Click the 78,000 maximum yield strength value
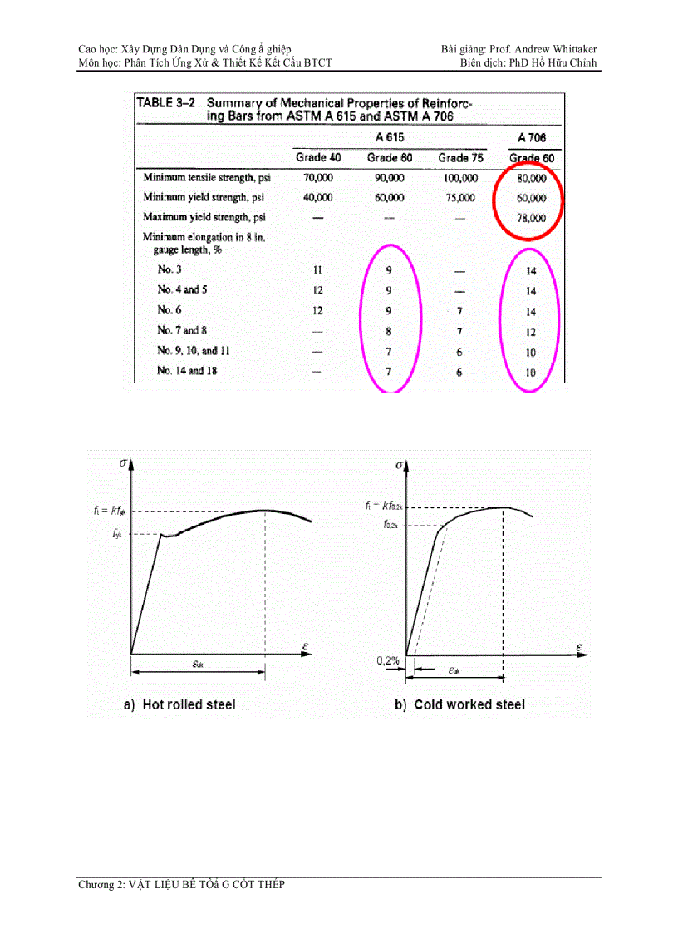click(531, 218)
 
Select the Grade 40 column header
click(317, 158)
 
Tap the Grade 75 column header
click(460, 158)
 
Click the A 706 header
click(531, 137)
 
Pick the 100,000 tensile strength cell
click(460, 178)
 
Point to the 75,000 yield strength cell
click(460, 198)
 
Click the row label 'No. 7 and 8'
click(182, 330)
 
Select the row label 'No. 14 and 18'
click(187, 371)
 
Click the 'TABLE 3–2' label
click(165, 103)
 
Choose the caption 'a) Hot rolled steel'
click(179, 704)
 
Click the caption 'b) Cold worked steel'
click(459, 704)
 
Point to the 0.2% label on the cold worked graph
click(387, 660)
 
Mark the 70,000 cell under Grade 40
click(317, 178)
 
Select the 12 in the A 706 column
click(531, 332)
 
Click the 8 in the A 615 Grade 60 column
click(388, 332)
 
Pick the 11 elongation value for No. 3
click(317, 270)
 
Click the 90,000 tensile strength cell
click(388, 178)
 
